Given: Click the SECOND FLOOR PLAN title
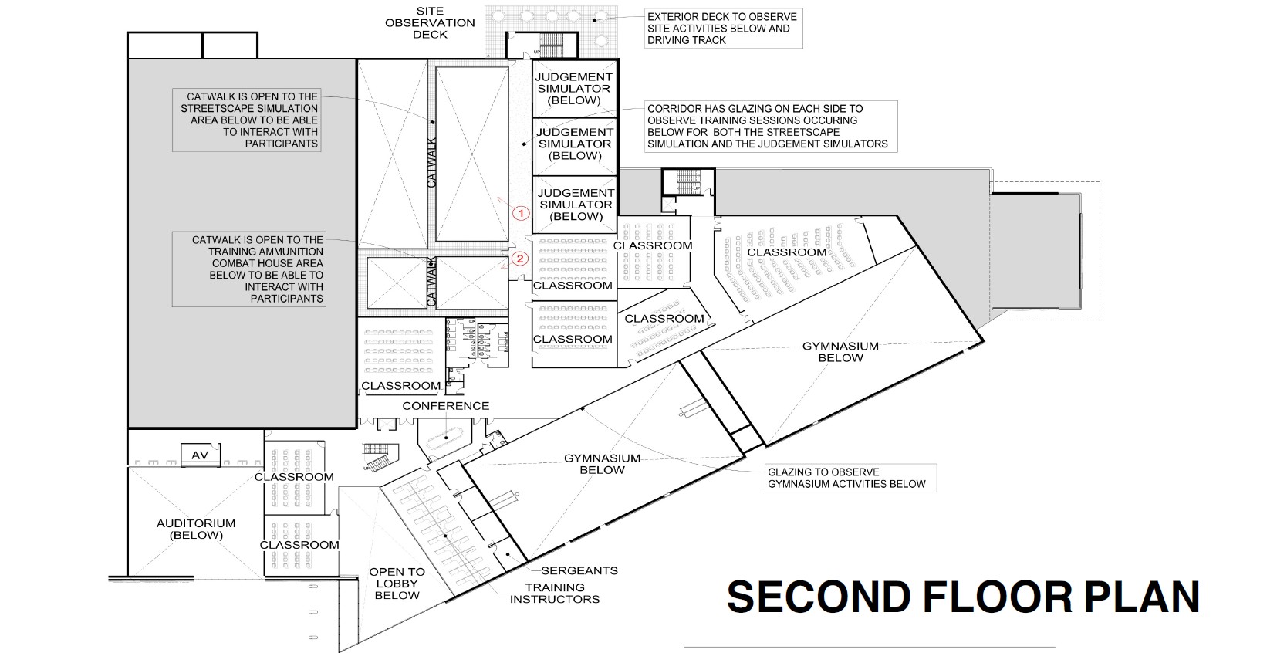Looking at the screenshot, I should (963, 597).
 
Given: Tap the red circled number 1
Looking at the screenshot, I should (521, 211).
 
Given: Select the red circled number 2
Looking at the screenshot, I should (519, 259).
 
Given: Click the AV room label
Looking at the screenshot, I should (200, 455).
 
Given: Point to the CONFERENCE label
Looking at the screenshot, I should (445, 406).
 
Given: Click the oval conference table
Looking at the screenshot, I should (445, 439).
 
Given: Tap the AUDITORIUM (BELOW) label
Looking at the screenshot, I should (195, 529).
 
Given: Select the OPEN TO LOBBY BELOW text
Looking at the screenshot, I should (397, 584).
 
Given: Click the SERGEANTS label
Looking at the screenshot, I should (579, 571).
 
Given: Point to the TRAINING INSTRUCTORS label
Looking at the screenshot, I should (555, 593).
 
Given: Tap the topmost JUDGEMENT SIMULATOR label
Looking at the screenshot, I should (574, 88).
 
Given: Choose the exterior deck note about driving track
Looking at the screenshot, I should (721, 28).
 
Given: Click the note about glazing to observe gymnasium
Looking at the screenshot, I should (846, 478).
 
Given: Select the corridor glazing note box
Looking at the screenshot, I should (767, 126).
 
